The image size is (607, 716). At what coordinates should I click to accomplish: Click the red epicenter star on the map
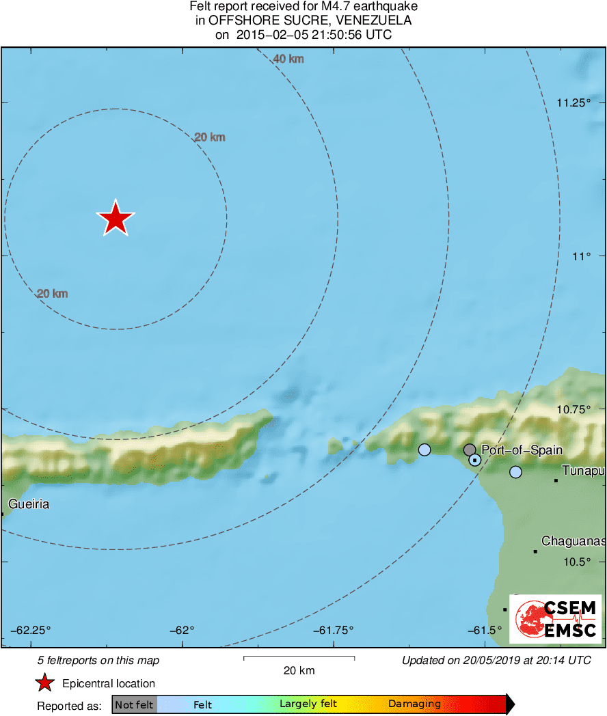116,219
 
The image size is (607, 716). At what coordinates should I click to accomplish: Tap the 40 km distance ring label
288,59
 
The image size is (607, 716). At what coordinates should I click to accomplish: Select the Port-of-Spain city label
512,450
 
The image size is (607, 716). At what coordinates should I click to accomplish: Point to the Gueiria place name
29,505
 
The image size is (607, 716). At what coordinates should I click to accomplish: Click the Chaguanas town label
573,542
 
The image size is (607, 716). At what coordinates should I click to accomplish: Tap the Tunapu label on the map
583,471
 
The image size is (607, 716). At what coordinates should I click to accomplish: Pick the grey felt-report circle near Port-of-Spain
470,450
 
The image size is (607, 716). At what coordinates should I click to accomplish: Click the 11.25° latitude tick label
573,103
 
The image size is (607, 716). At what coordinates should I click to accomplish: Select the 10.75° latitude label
573,409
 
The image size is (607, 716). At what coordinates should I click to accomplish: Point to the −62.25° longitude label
31,630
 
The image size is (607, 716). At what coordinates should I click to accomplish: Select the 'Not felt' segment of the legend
134,704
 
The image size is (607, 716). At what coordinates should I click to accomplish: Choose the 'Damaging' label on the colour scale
414,704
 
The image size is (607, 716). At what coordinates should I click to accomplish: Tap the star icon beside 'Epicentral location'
45,683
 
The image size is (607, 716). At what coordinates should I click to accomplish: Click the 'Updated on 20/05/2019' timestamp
496,660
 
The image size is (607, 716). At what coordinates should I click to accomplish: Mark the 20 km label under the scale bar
299,671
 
